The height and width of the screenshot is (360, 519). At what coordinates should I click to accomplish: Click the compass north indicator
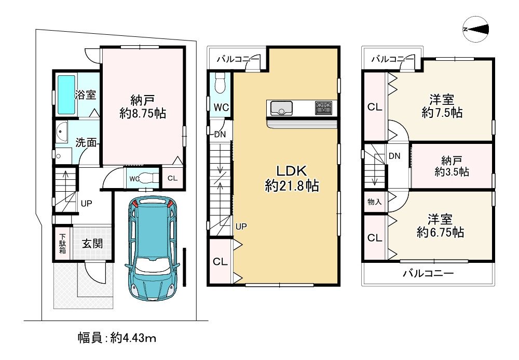tap(476, 30)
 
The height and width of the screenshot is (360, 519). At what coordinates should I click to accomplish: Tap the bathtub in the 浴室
tap(66, 95)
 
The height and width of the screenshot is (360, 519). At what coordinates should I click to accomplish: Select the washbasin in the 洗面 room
tap(61, 132)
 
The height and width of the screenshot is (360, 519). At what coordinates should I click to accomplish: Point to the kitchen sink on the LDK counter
tap(281, 108)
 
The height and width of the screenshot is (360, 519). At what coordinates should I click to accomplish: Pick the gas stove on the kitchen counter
tap(323, 108)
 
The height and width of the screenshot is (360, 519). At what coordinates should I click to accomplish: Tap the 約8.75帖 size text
tap(143, 114)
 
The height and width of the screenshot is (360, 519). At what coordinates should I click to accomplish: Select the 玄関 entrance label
tap(92, 244)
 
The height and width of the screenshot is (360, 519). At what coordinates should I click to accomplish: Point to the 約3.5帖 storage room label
tap(452, 172)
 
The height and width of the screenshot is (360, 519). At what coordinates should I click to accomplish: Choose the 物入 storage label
tap(374, 202)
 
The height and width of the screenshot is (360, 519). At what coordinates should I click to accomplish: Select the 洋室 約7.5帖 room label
tap(442, 106)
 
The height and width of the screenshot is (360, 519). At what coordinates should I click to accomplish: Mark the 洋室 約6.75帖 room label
tap(440, 226)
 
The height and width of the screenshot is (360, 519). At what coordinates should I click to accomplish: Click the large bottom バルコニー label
tap(428, 273)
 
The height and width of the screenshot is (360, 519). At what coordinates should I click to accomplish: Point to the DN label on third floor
tap(394, 156)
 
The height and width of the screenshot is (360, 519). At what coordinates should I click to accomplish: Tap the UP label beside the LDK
tap(241, 226)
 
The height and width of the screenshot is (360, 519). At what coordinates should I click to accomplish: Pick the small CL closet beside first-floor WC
tap(172, 178)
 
